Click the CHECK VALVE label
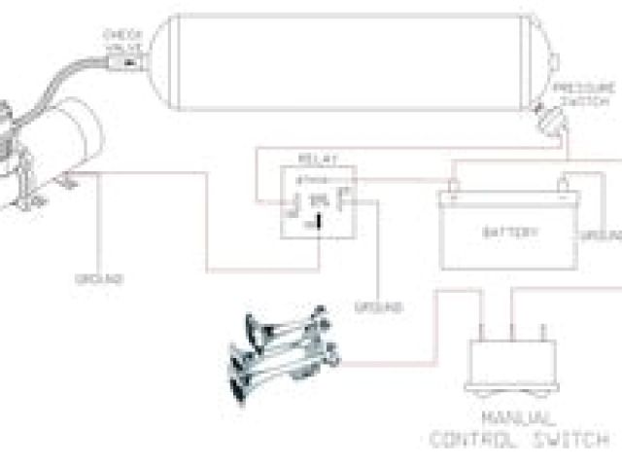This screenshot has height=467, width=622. [125, 40]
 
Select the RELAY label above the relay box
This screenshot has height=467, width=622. [318, 156]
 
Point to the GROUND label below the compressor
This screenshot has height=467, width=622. [98, 279]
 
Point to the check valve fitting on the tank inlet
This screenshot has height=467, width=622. [125, 65]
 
